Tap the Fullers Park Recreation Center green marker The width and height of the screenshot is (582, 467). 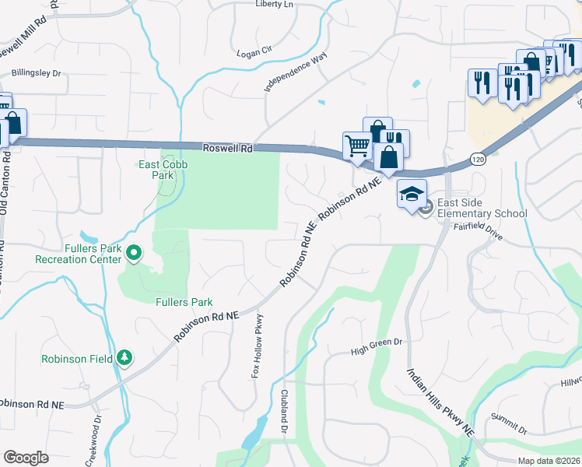tap(134, 252)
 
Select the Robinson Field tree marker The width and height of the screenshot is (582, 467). tap(124, 357)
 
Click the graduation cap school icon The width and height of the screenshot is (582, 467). tap(412, 194)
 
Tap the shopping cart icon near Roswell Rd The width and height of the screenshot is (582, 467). tap(357, 145)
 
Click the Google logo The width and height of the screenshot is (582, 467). tap(26, 458)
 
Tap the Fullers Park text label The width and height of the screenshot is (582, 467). tap(184, 302)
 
